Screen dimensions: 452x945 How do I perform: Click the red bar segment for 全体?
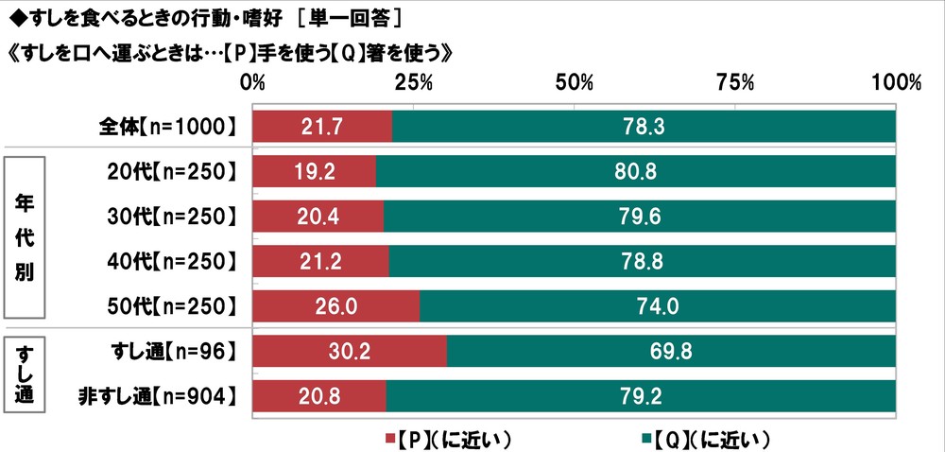point(322,126)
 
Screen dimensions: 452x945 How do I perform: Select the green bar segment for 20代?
point(635,171)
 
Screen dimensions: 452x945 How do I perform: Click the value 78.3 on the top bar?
point(644,126)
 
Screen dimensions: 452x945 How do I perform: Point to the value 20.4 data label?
point(318,217)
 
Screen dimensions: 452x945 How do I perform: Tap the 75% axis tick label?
point(735,82)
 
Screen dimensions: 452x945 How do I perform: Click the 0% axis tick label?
point(253,82)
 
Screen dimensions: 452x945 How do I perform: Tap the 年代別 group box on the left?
point(26,239)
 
